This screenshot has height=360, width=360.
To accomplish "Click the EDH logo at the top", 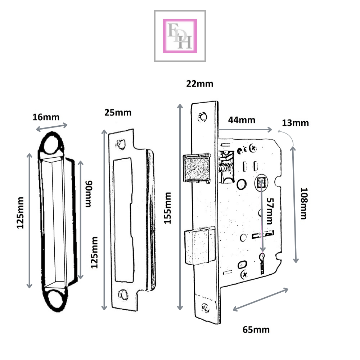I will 180,36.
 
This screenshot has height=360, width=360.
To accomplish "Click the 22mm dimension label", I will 199,84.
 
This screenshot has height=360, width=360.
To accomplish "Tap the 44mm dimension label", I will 241,120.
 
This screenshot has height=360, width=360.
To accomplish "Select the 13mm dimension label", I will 295,123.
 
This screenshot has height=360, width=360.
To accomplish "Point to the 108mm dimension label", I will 303,203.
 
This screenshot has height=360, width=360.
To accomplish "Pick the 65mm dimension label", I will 256,329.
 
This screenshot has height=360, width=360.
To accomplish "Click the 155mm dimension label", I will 167,208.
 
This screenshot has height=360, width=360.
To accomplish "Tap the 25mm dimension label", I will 118,113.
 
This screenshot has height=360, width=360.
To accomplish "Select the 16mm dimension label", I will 46,117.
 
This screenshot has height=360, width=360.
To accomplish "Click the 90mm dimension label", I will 88,194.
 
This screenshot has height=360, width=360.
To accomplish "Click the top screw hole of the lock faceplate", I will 203,116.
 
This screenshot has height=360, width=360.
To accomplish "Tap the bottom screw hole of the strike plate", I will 123,294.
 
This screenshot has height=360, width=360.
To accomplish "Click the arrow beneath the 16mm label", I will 51,127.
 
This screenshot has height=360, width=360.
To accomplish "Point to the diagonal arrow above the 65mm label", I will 261,299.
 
